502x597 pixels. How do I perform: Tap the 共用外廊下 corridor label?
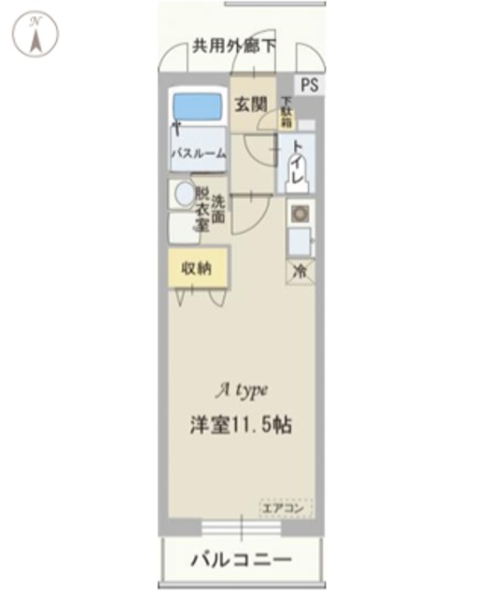(x=234, y=44)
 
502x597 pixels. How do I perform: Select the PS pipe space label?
(x=309, y=84)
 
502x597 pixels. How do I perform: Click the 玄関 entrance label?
(x=249, y=105)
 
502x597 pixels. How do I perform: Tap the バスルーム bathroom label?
(x=198, y=154)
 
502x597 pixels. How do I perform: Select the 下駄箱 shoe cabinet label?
(x=286, y=112)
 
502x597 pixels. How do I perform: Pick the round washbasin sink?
(x=184, y=193)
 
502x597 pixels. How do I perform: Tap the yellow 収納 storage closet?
(x=198, y=268)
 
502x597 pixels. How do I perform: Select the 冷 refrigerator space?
(x=300, y=271)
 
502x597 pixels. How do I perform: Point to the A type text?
(x=244, y=390)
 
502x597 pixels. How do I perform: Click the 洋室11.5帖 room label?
(x=242, y=424)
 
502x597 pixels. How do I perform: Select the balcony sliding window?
(x=241, y=528)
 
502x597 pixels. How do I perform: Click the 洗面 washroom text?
(x=217, y=208)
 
